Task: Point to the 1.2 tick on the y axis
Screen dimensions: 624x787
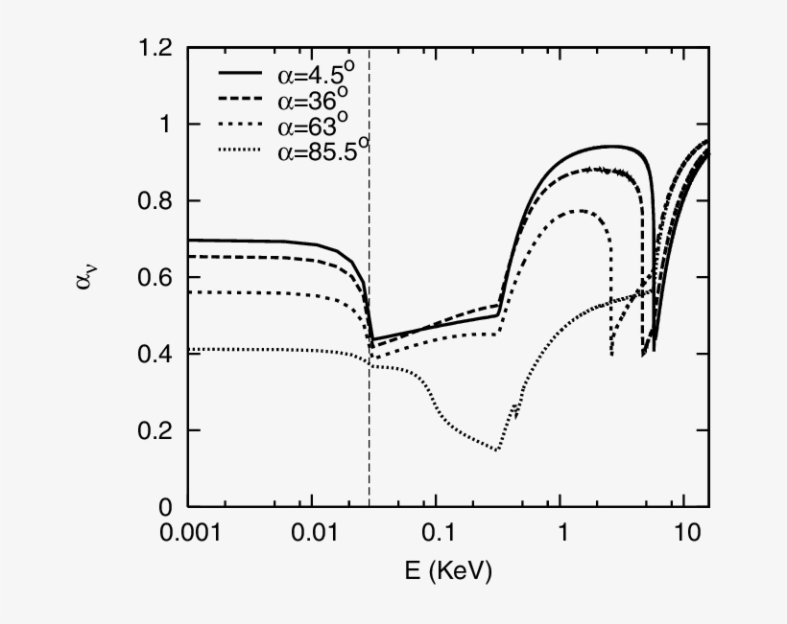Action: click(157, 48)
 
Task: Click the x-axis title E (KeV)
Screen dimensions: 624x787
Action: click(448, 572)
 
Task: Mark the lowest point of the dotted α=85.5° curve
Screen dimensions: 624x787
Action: click(497, 450)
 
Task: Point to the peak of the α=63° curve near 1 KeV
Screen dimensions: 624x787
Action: click(579, 210)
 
